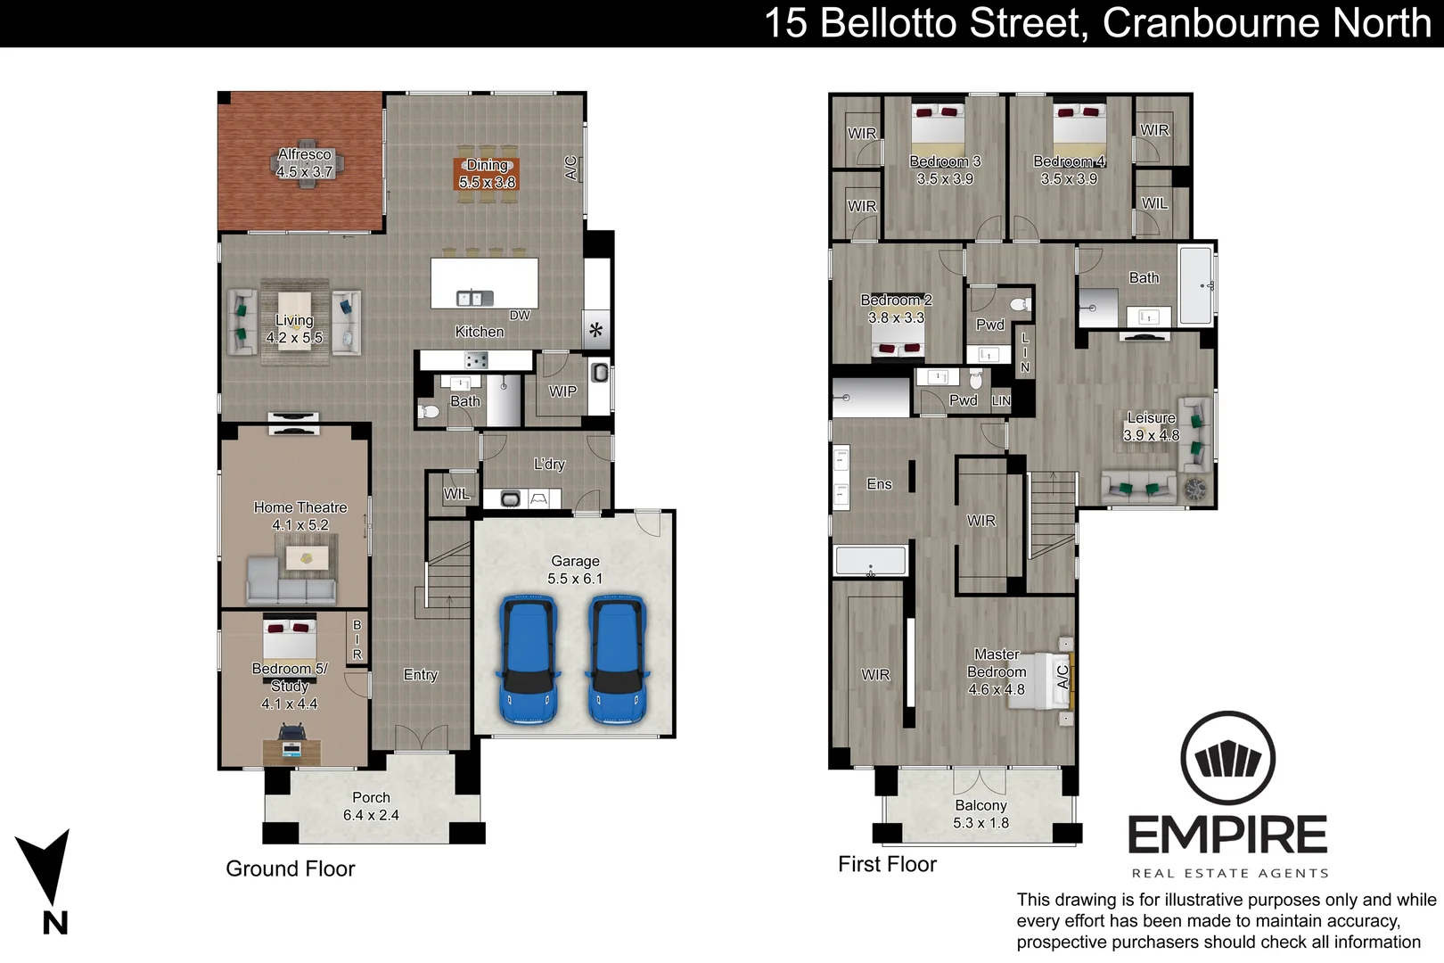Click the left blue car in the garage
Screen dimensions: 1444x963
(528, 660)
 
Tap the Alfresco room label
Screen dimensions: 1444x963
(304, 154)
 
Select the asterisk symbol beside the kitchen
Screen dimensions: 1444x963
(595, 330)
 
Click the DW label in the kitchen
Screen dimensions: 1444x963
(520, 316)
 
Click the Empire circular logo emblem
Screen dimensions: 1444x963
(1227, 759)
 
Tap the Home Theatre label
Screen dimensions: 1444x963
(300, 507)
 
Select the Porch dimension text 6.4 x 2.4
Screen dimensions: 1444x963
(371, 815)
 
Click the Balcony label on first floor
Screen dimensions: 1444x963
(980, 805)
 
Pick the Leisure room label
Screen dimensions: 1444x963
(1152, 418)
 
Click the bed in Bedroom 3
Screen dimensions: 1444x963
(938, 127)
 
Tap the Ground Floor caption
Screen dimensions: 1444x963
(290, 868)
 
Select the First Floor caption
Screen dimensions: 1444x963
(887, 864)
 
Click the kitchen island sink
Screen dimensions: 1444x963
(475, 298)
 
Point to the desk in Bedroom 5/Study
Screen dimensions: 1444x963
(291, 752)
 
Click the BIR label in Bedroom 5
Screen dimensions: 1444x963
(357, 640)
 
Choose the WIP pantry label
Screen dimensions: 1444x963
(562, 391)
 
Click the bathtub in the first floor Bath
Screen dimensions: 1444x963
(1196, 285)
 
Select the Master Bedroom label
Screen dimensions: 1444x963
(996, 671)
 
